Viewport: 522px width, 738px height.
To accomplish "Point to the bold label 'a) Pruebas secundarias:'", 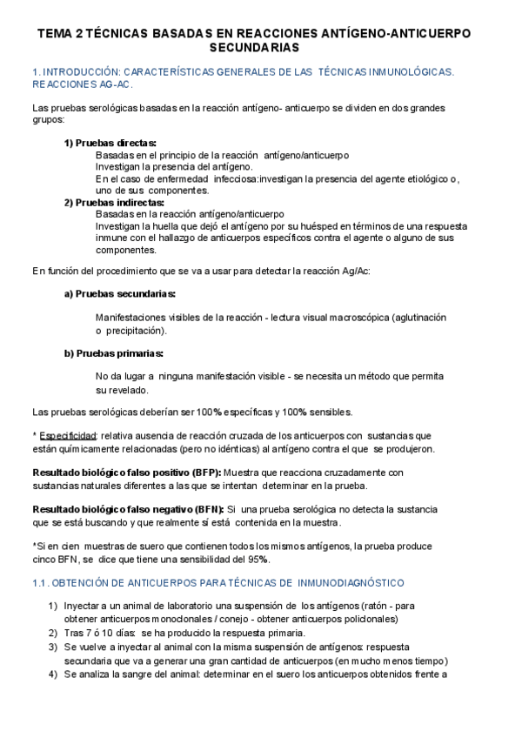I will tap(120, 294).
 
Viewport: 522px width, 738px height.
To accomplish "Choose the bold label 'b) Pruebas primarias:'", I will tap(114, 352).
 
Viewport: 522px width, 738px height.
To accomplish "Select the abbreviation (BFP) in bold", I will tap(193, 473).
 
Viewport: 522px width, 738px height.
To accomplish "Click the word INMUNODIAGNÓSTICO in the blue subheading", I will tap(347, 581).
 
